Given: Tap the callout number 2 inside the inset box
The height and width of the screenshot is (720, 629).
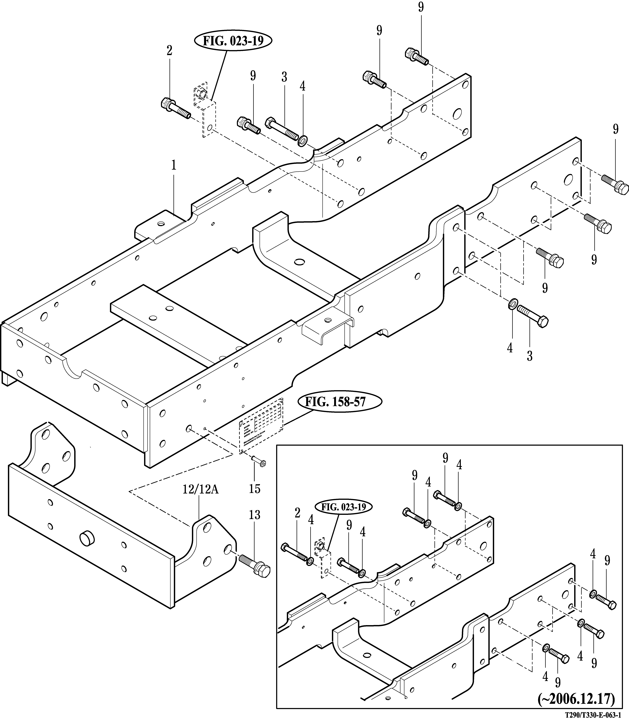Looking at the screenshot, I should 298,513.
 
